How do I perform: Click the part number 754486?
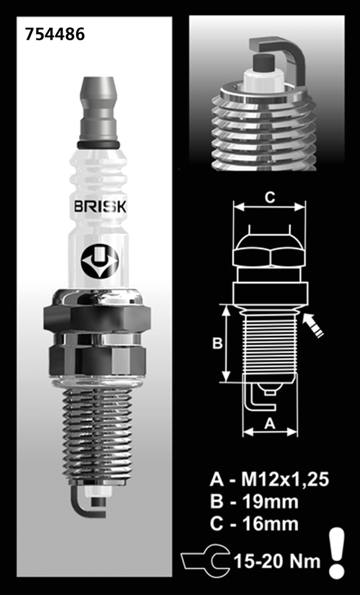pos(55,35)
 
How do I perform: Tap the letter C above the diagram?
pos(269,198)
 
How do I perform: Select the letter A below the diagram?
pos(269,424)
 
